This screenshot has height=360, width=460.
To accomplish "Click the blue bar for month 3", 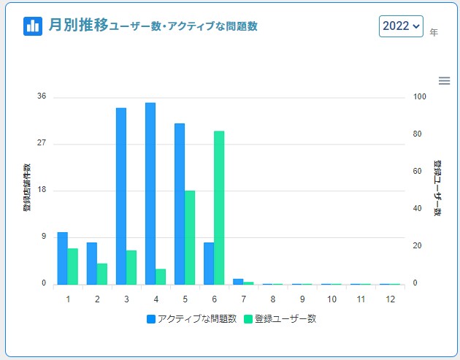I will click(121, 196).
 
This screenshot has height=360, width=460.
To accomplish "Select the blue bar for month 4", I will click(150, 193).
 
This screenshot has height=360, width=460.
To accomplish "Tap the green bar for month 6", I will click(219, 207).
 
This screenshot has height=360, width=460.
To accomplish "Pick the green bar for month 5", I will click(190, 237).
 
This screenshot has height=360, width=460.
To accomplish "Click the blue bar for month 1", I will click(63, 258).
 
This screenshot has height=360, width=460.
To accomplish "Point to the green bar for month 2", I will click(102, 273).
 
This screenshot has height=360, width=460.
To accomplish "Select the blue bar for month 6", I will click(209, 263).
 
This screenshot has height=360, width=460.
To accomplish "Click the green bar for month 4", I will click(161, 276).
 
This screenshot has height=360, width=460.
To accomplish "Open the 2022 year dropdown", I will click(401, 26).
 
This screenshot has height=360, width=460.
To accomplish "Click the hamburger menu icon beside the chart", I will click(444, 81).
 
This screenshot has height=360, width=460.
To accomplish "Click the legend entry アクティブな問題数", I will click(191, 319).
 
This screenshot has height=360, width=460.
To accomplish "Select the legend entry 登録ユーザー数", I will click(280, 319).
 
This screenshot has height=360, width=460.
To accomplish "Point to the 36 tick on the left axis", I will click(42, 96).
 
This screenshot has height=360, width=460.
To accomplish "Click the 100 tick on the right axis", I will click(418, 96).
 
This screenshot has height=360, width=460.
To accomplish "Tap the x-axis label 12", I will click(390, 299).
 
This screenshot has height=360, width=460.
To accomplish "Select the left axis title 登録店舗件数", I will click(26, 188).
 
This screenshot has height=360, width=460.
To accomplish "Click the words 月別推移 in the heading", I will click(77, 26).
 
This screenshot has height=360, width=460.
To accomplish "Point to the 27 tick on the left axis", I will click(42, 143).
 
